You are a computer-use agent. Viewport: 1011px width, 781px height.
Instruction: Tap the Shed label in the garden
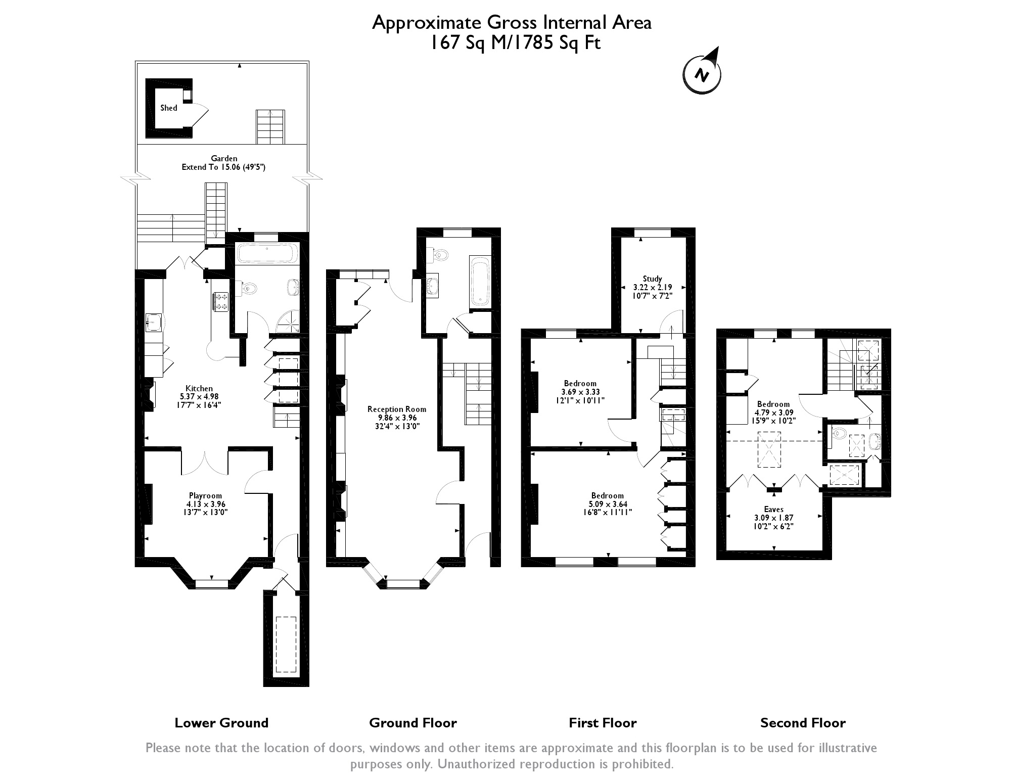[169, 108]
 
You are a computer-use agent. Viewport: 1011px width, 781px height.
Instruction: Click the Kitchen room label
[199, 388]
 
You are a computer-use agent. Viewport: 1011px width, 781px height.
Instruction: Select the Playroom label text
[206, 495]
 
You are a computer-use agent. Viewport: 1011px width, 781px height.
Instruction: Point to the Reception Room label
[397, 409]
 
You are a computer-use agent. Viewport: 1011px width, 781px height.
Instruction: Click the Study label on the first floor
[652, 279]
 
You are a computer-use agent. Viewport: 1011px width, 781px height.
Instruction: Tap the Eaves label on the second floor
[773, 510]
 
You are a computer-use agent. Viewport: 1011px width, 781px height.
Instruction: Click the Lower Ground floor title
[221, 723]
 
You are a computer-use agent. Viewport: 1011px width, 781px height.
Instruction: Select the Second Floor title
[803, 723]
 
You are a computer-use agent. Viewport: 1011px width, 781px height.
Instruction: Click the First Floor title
[603, 723]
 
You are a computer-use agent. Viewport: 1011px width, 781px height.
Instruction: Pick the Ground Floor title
[413, 723]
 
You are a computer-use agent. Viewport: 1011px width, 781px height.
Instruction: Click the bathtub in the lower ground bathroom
[267, 254]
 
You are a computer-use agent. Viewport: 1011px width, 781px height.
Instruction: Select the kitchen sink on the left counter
[154, 322]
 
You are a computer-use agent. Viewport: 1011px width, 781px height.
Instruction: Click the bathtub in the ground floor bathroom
[480, 281]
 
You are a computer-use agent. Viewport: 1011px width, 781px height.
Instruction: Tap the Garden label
[224, 158]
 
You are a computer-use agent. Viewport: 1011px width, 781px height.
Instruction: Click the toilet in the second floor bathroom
[839, 433]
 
